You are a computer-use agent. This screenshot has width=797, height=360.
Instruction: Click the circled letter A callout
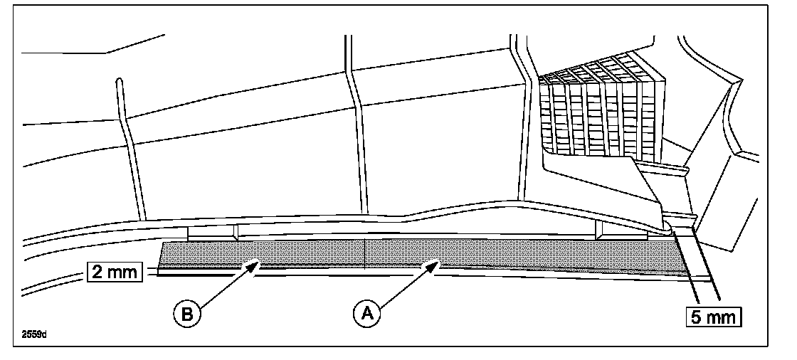[366, 312]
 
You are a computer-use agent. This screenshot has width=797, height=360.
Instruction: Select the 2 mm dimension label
[115, 272]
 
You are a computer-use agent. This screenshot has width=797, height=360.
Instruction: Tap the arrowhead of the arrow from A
[436, 264]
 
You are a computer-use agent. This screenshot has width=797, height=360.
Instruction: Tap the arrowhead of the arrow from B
[255, 264]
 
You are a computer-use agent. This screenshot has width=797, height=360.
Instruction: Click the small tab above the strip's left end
[211, 233]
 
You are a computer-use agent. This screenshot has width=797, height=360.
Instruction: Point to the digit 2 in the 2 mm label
[97, 272]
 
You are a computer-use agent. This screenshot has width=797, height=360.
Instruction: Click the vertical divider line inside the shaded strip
[364, 255]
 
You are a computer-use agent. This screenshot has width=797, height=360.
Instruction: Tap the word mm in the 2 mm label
[124, 272]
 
